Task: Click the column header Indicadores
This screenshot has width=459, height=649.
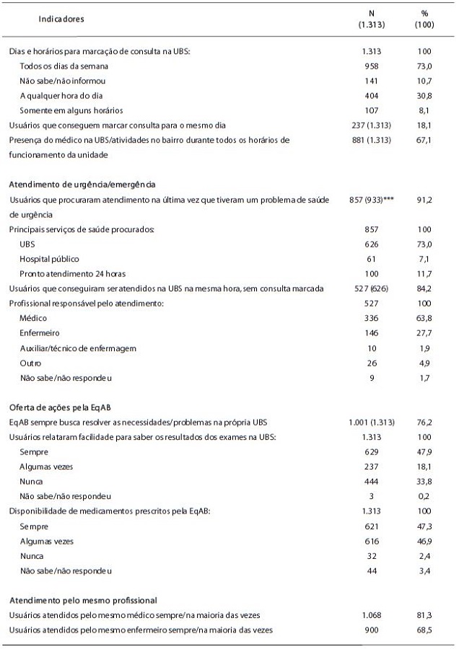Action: coord(61,19)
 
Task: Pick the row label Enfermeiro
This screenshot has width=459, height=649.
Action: coord(40,334)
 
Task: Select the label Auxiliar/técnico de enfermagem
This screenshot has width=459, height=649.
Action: coord(78,348)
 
